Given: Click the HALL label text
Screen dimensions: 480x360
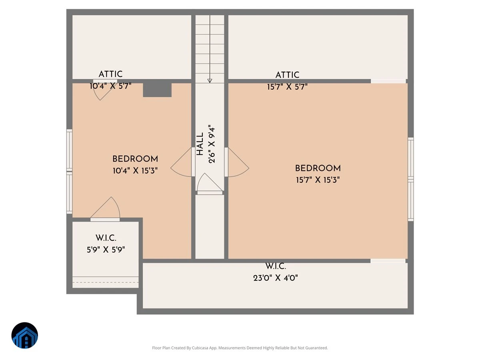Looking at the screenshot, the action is [200, 144].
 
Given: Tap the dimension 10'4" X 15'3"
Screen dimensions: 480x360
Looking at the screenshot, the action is [135, 171].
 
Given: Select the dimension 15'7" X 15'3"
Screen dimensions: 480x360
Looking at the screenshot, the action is [318, 180].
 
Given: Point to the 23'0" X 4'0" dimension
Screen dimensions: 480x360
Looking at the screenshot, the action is [275, 278].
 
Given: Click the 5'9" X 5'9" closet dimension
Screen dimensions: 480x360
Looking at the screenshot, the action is [106, 250].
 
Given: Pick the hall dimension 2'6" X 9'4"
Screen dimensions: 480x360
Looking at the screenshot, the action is [212, 144].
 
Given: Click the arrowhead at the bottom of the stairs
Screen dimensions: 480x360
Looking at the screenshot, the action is [210, 81].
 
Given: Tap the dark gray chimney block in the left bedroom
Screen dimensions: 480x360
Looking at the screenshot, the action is [157, 90].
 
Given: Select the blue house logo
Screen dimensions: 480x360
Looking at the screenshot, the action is [25, 335].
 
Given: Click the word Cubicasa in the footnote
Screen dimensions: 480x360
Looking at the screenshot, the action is [200, 348].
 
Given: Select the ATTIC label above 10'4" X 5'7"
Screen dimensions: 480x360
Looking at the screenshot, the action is [110, 74].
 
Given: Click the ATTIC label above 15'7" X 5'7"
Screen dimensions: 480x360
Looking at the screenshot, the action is [287, 75].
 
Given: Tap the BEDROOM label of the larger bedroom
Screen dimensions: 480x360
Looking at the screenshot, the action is [318, 168].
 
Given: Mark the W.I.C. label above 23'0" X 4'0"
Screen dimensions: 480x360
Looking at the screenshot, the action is [275, 266].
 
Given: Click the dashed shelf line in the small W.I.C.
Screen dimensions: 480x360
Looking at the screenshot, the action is [106, 282].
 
